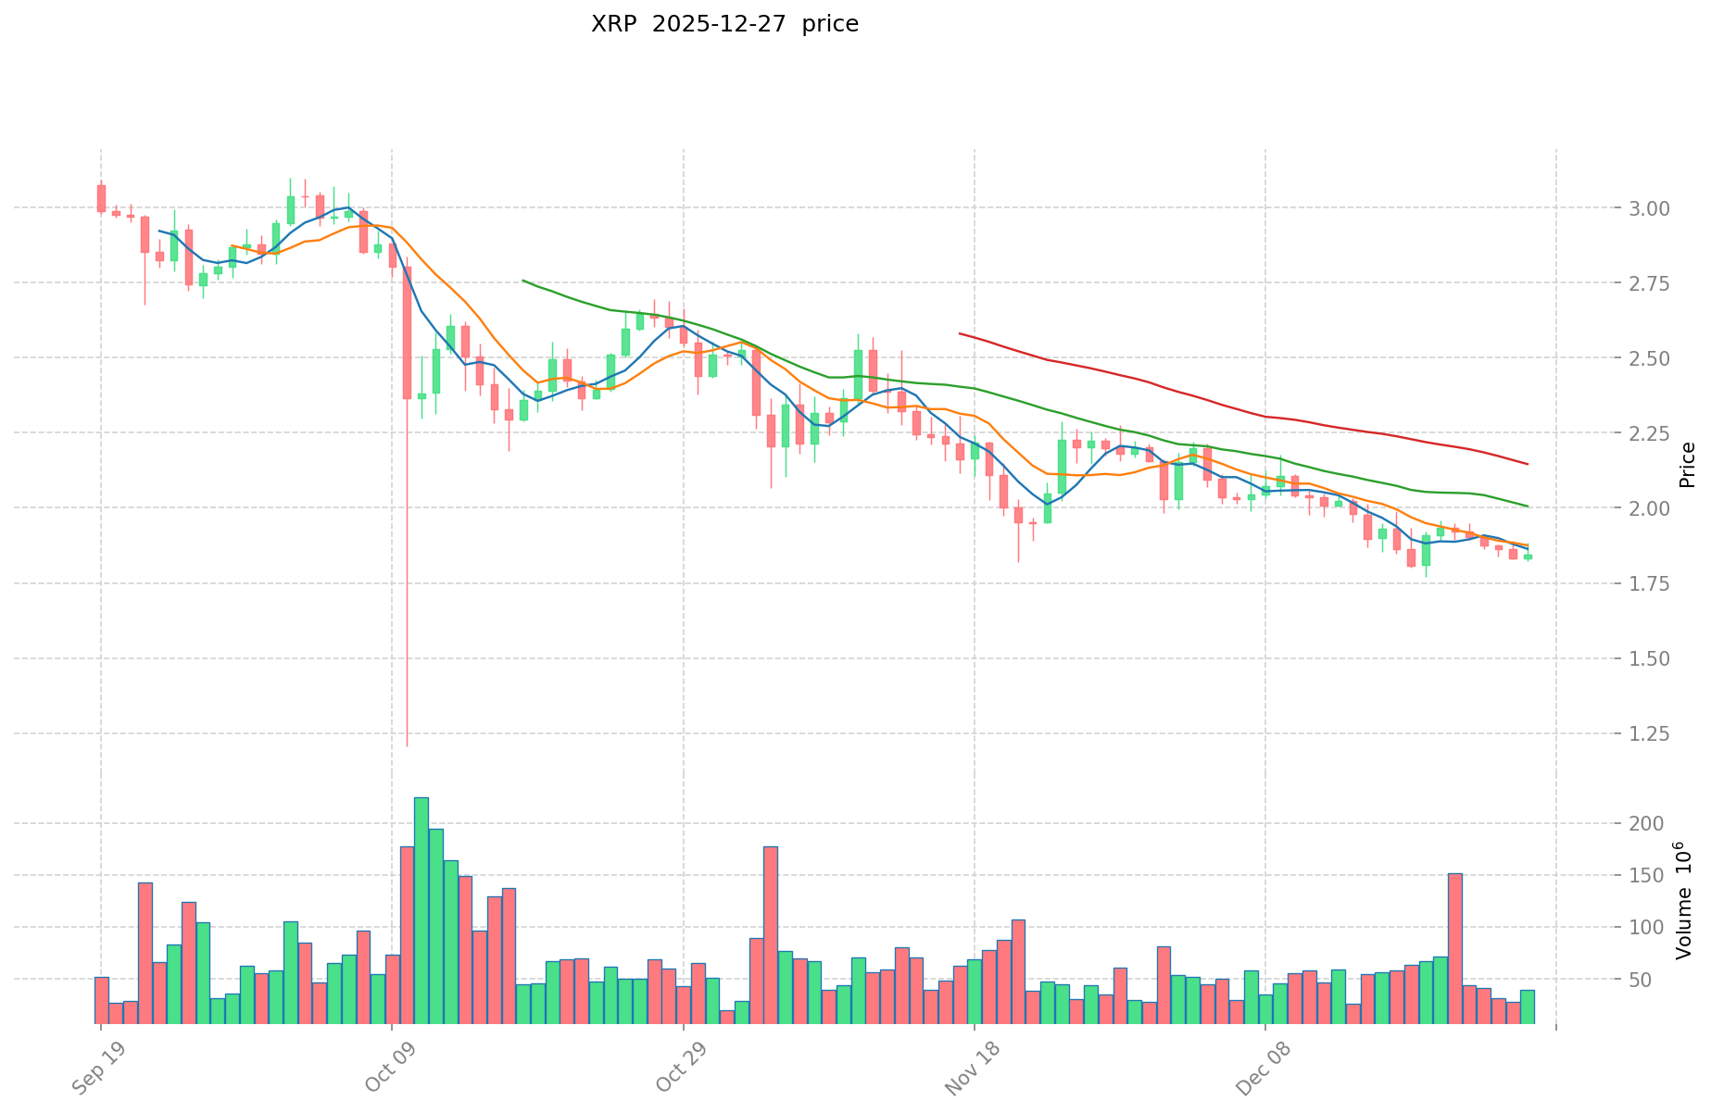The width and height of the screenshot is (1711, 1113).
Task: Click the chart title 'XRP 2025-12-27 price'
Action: [x=724, y=24]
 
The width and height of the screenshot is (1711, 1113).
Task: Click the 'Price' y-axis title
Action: [x=1687, y=465]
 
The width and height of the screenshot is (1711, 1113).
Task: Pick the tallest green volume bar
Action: [x=421, y=909]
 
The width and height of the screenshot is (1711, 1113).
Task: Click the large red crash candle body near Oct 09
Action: [x=407, y=332]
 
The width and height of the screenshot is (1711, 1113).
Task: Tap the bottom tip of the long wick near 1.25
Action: [x=407, y=745]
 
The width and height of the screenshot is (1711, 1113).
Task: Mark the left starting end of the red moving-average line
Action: [x=959, y=333]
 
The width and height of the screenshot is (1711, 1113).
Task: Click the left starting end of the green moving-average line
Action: [x=522, y=280]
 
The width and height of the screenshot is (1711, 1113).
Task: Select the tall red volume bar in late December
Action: [x=1454, y=947]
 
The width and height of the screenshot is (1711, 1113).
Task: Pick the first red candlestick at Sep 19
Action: [x=101, y=198]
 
